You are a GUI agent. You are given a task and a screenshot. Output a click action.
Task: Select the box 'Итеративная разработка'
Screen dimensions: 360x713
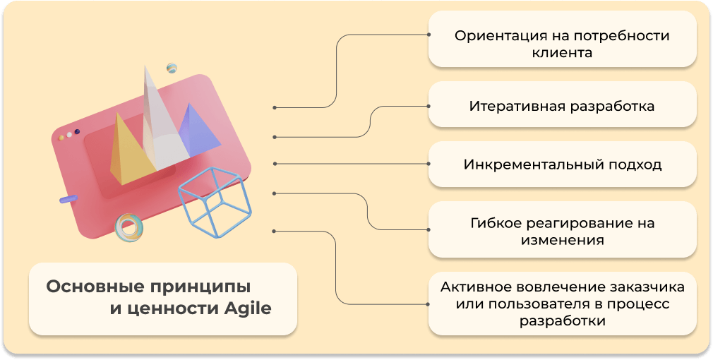562,106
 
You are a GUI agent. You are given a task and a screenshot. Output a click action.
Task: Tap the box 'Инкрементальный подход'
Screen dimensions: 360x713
562,164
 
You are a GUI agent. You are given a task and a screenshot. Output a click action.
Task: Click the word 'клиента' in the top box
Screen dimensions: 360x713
562,52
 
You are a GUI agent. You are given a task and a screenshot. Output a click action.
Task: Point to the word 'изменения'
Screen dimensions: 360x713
562,240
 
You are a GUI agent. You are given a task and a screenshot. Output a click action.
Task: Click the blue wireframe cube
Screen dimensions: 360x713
215,202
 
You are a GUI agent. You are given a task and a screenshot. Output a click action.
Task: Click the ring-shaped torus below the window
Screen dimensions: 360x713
128,227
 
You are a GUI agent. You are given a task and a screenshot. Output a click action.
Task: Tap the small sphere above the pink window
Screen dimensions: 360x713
172,68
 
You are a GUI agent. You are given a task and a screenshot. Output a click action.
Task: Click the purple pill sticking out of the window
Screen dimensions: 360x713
68,200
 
